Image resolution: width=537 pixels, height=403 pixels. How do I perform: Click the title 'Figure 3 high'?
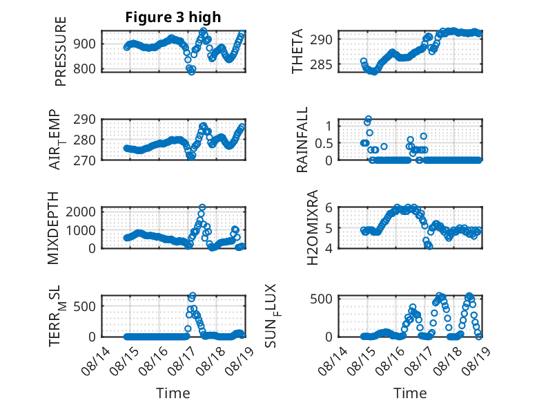173,17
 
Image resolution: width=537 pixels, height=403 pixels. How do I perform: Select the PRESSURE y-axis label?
60,51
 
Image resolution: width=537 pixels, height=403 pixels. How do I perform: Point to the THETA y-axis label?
297,51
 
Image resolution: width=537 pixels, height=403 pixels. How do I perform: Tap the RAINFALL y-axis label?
302,140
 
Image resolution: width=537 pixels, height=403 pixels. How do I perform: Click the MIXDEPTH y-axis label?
53,228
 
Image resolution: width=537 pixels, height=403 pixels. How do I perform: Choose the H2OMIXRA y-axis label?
313,227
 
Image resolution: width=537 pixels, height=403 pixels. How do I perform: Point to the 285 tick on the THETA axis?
321,64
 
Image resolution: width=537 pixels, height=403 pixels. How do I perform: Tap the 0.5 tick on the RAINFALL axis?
324,143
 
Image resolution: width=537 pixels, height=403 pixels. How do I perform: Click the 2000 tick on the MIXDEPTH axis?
81,212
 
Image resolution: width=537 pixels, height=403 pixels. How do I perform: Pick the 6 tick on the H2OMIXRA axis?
329,207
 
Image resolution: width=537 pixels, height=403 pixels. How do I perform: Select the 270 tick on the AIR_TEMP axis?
84,160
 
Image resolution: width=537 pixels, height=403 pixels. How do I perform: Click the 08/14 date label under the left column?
96,361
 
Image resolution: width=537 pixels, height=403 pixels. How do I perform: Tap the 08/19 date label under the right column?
476,361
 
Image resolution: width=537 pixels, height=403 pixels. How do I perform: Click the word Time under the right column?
410,393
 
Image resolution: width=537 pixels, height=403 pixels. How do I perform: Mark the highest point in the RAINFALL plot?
369,120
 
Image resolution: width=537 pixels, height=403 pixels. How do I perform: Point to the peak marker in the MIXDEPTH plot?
202,207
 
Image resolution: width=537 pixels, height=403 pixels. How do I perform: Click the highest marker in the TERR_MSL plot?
193,295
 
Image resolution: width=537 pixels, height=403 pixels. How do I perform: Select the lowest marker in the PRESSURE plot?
191,72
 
